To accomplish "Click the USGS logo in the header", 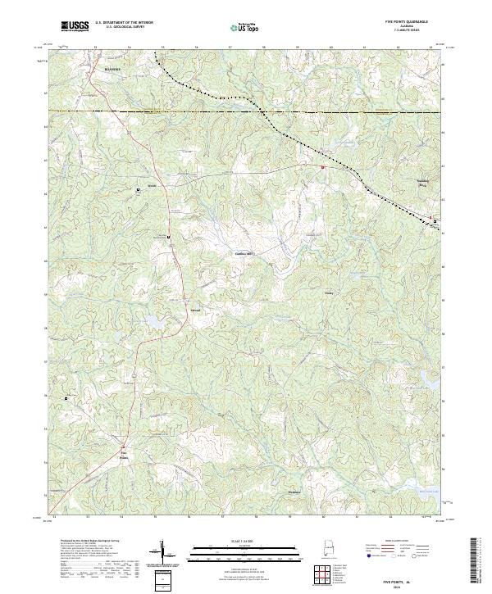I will (75, 27).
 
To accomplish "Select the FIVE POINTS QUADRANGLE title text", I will (401, 23).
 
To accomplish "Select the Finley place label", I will (330, 291).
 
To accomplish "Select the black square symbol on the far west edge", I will (66, 398).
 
